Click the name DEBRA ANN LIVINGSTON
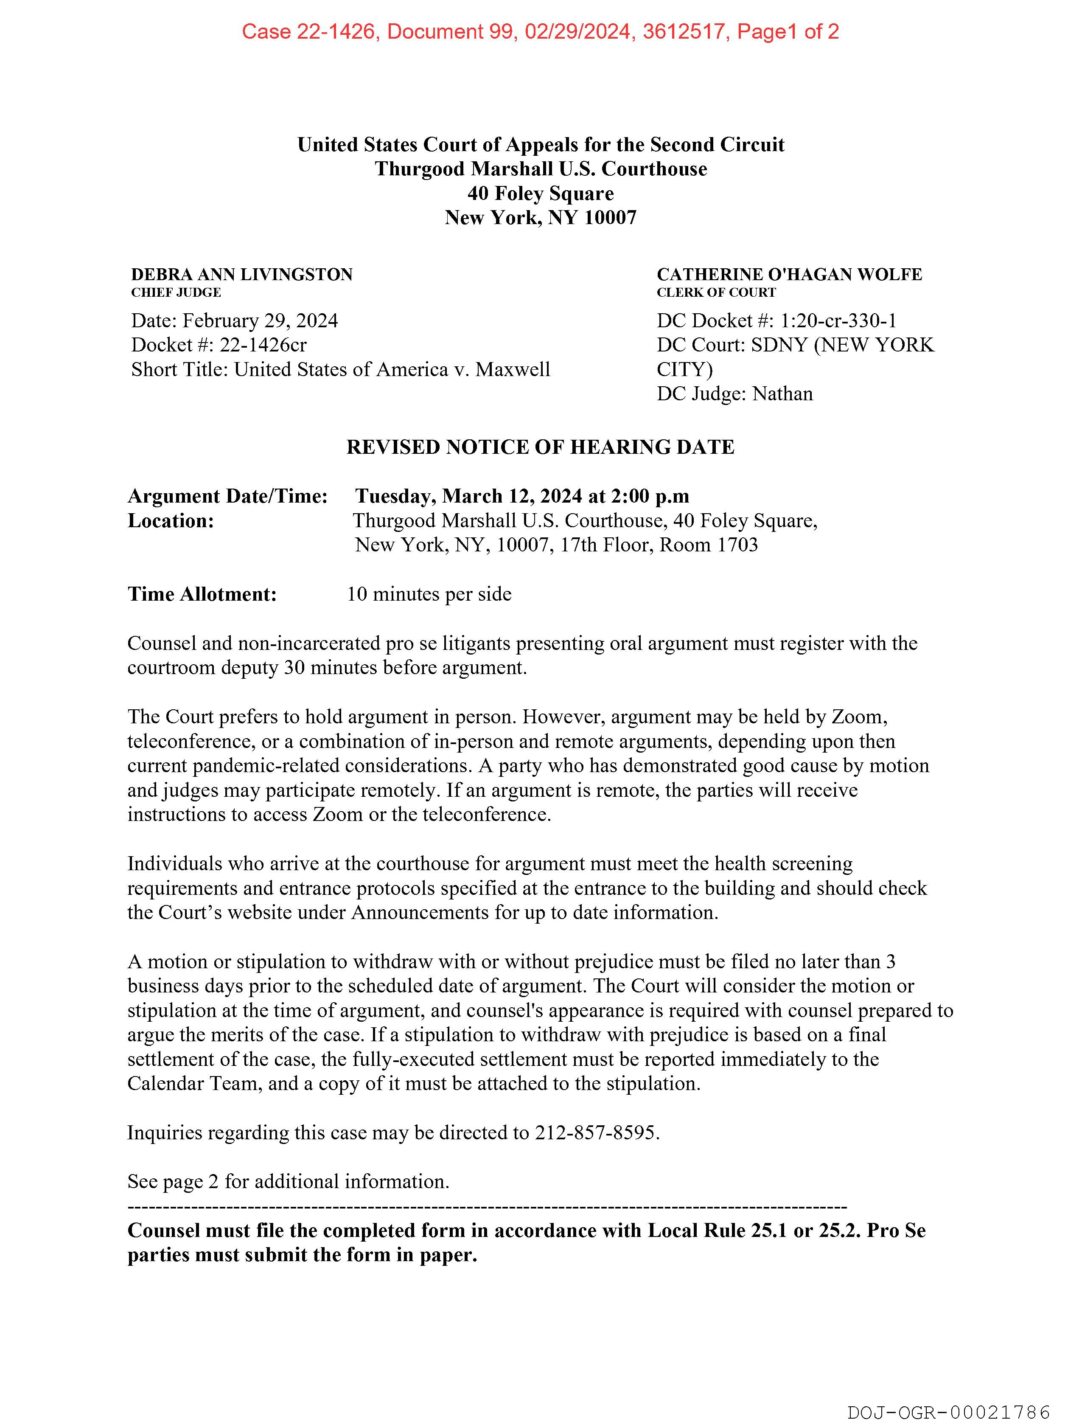pyautogui.click(x=241, y=275)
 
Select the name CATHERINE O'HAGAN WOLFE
pyautogui.click(x=789, y=275)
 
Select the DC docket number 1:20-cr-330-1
pyautogui.click(x=838, y=321)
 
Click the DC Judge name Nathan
pyautogui.click(x=782, y=393)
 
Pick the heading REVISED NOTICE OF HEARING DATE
pyautogui.click(x=540, y=447)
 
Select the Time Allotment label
pyautogui.click(x=202, y=594)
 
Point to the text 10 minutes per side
pyautogui.click(x=429, y=594)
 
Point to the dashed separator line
pyautogui.click(x=487, y=1206)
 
